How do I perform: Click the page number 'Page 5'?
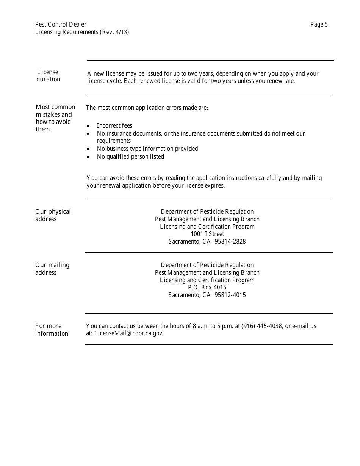319,25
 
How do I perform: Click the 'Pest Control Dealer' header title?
61,25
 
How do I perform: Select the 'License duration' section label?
48,76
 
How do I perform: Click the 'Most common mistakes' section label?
55,118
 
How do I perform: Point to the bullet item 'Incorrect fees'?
114,125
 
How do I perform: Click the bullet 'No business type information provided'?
147,149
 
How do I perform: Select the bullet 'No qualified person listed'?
130,156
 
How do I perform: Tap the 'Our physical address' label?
53,215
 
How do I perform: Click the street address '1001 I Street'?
207,234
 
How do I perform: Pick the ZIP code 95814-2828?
230,241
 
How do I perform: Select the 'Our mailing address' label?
52,269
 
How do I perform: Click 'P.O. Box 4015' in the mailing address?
207,288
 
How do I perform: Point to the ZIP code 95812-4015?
230,295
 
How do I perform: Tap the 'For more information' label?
52,330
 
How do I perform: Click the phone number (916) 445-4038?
262,326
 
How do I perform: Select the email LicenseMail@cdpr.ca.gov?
129,333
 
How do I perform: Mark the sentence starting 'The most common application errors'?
147,108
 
